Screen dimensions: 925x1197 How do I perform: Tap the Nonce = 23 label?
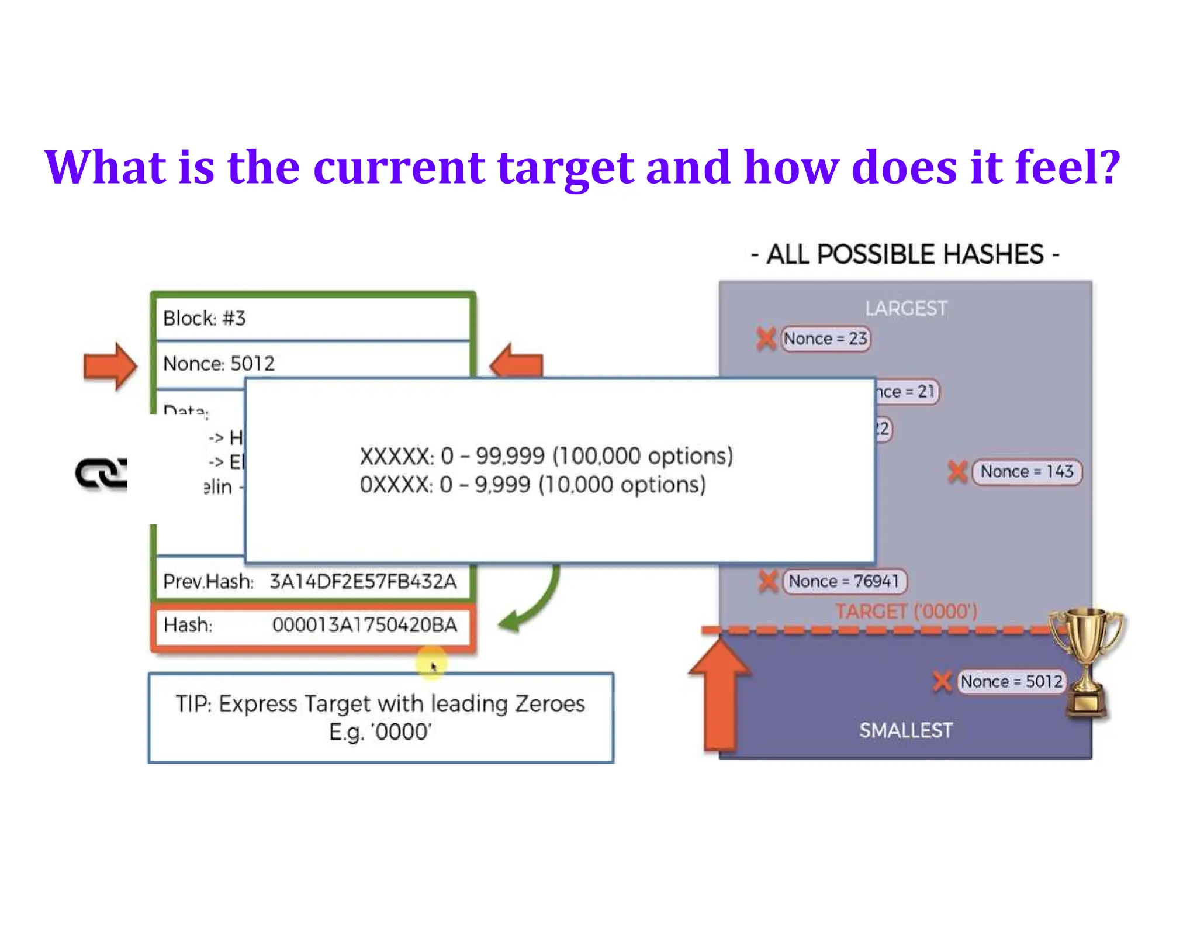click(825, 339)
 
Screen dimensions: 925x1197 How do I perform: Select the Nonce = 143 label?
click(1026, 471)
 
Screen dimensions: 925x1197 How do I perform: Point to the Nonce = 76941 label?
click(844, 581)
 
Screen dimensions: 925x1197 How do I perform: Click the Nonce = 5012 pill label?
click(1011, 681)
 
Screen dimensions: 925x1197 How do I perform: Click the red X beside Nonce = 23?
click(766, 339)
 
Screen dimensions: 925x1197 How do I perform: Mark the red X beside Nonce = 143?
click(957, 471)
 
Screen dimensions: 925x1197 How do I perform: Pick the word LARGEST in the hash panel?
click(906, 308)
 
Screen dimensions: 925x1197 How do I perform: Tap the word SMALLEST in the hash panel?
click(906, 730)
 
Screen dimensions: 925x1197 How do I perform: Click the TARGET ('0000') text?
click(906, 612)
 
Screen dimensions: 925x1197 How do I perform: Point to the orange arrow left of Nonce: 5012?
click(110, 366)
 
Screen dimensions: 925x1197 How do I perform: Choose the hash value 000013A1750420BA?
click(365, 625)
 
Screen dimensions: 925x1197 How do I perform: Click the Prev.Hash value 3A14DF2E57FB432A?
click(363, 581)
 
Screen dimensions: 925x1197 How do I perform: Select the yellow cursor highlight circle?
click(431, 664)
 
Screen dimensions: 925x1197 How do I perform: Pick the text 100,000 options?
click(643, 456)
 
